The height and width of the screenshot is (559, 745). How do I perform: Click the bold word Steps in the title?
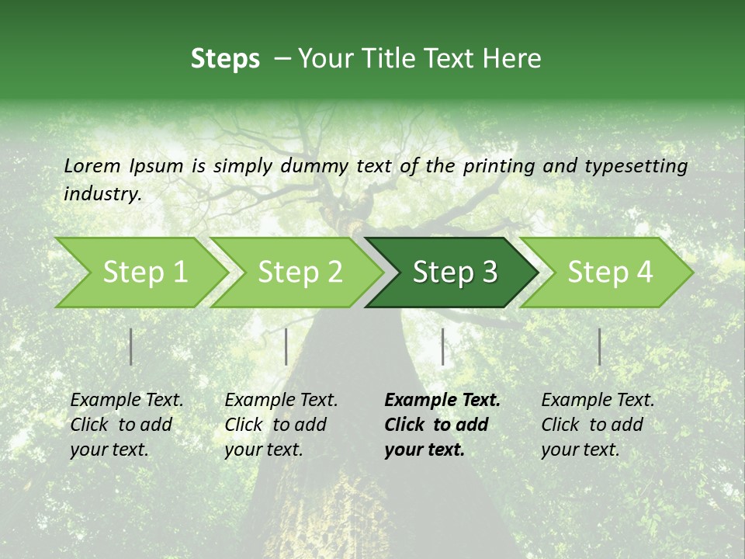(225, 59)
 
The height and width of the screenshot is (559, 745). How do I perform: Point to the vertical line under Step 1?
(131, 346)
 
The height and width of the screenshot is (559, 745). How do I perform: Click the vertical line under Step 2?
(286, 346)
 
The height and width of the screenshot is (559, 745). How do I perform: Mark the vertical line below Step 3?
(442, 346)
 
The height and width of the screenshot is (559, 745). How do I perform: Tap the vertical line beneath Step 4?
(599, 346)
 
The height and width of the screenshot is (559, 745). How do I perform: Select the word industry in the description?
(102, 194)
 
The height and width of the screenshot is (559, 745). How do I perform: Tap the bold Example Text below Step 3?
(442, 401)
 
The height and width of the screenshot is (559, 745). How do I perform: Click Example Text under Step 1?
(126, 401)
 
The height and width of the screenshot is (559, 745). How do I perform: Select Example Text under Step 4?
(598, 401)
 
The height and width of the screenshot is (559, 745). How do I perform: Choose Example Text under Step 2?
(281, 401)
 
